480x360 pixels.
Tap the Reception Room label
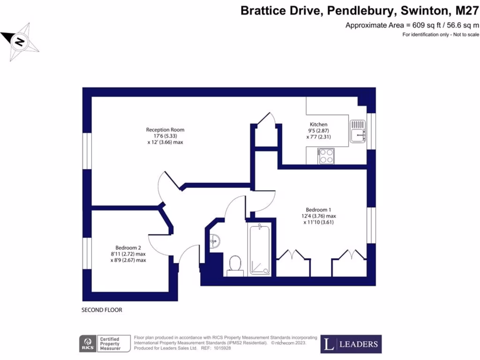pyautogui.click(x=165, y=130)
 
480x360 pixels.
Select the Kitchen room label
pyautogui.click(x=318, y=124)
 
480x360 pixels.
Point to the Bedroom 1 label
pyautogui.click(x=319, y=210)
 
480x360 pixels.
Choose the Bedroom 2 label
pyautogui.click(x=128, y=248)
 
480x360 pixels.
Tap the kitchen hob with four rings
pyautogui.click(x=325, y=156)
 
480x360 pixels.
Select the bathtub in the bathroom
pyautogui.click(x=259, y=249)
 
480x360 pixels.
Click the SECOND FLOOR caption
pyautogui.click(x=102, y=310)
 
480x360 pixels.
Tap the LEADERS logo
pyautogui.click(x=351, y=344)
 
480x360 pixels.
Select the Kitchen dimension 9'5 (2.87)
pyautogui.click(x=318, y=130)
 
